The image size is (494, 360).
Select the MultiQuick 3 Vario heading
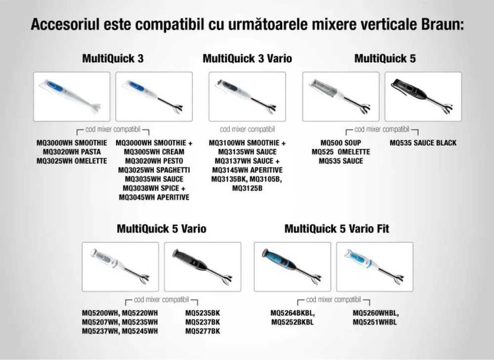(x=247, y=59)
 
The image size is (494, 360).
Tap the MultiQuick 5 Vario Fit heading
(x=337, y=229)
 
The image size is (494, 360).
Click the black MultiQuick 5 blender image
(x=423, y=97)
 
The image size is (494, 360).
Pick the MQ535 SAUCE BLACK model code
(x=423, y=142)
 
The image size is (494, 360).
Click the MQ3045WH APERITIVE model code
(x=154, y=197)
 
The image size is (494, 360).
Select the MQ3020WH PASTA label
(x=72, y=152)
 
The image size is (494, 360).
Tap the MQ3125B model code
(x=247, y=188)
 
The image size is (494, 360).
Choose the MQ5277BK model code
(x=203, y=331)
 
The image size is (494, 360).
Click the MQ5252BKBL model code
(x=292, y=322)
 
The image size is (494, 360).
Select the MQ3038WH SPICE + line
(x=154, y=188)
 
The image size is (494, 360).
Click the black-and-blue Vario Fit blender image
(x=292, y=267)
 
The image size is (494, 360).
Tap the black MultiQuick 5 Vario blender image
(x=203, y=267)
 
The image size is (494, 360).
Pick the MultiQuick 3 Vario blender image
(x=247, y=97)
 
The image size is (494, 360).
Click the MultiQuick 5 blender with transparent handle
(x=341, y=97)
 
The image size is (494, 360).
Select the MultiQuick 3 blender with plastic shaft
(x=72, y=97)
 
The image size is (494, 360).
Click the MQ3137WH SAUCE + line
(x=247, y=161)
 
